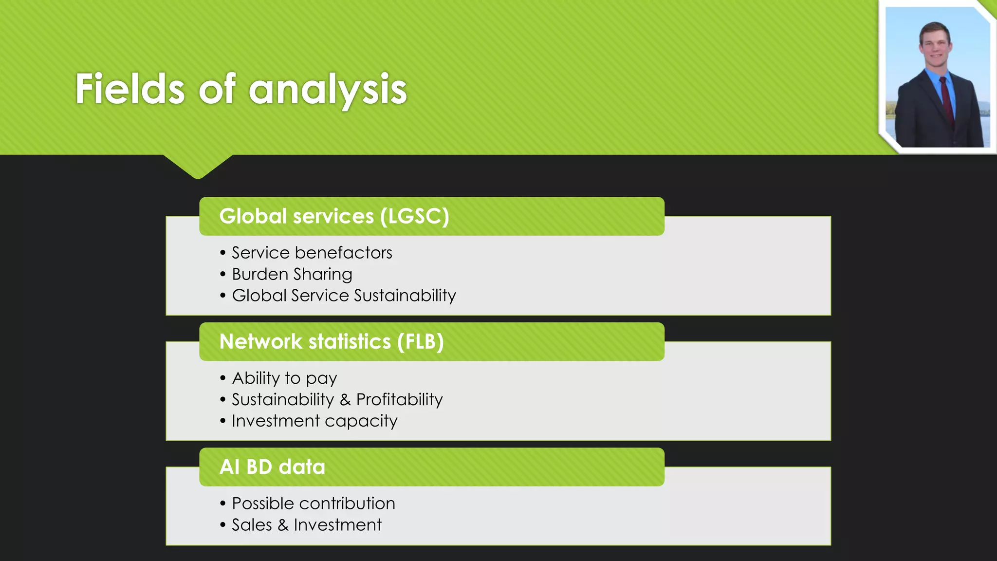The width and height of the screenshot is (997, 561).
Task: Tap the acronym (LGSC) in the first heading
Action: (x=414, y=216)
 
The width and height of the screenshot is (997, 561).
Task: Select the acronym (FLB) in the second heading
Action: (x=420, y=341)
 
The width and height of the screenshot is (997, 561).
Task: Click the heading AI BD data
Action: (x=272, y=467)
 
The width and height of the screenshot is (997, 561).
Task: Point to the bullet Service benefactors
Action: (x=312, y=253)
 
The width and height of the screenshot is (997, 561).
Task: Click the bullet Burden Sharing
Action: (x=292, y=274)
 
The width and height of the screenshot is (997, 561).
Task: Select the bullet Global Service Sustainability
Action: (x=344, y=296)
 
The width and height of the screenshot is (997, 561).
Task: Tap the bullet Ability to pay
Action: (x=284, y=378)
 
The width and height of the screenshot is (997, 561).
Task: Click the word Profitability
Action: (x=399, y=399)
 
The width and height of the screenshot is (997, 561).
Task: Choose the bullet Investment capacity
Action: (x=314, y=421)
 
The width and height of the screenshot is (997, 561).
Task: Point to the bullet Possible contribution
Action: (x=313, y=503)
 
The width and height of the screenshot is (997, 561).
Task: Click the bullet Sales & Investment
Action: (x=306, y=524)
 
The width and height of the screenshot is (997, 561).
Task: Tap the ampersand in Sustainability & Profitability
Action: (x=345, y=400)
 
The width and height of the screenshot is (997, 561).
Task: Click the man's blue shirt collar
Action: (x=932, y=75)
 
